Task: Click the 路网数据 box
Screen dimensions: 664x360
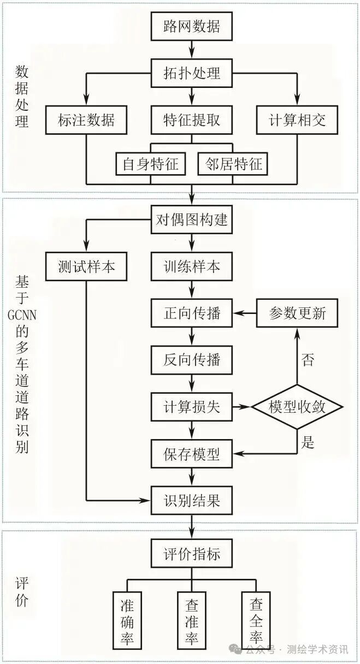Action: [191, 26]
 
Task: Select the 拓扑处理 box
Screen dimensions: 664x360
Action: [191, 73]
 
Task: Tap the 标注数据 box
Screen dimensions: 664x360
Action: [86, 120]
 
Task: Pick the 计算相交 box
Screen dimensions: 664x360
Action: [297, 120]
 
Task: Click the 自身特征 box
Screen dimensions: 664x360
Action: [150, 163]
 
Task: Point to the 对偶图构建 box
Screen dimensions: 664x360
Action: [191, 221]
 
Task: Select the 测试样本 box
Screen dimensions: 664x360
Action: [86, 266]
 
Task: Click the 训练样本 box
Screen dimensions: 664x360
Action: [191, 266]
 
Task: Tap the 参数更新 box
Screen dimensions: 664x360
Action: [297, 313]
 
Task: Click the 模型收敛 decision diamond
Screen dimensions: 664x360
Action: [297, 407]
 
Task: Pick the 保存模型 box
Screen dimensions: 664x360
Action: [191, 454]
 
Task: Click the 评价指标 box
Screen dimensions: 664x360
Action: [191, 554]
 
